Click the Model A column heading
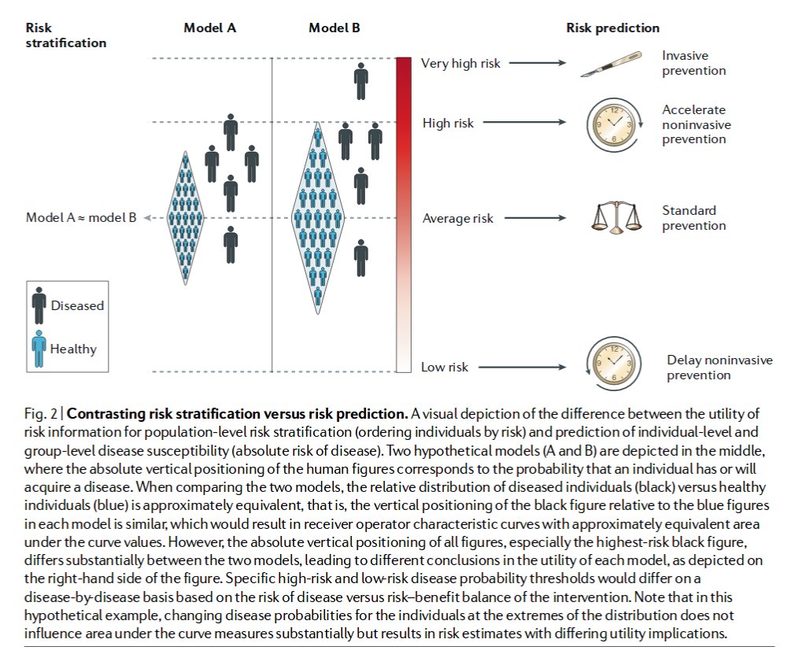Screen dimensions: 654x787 [209, 28]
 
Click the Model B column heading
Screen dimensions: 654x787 [334, 28]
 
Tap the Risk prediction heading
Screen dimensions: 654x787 [613, 28]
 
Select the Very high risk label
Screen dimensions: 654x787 [460, 63]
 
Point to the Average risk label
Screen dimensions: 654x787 [458, 218]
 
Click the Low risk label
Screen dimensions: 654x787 [444, 367]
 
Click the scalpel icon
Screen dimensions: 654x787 [605, 65]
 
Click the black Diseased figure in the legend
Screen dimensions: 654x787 [39, 305]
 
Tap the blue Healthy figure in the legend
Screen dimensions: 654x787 [39, 348]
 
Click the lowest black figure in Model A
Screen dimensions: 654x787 [231, 245]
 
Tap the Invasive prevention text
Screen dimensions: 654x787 [693, 63]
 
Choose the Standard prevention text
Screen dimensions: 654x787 [693, 218]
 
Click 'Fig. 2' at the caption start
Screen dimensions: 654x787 [39, 413]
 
